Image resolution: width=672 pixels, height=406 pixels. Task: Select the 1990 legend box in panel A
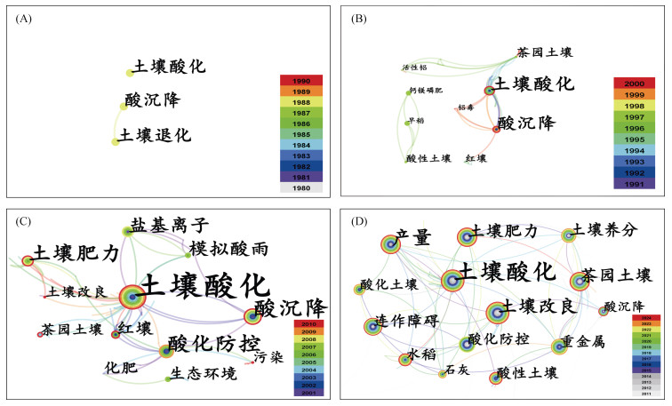click(x=301, y=81)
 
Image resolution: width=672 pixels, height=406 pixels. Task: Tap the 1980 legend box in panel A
click(x=301, y=187)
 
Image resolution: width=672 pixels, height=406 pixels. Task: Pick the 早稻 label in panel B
click(x=416, y=121)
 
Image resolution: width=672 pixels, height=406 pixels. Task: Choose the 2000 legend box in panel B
click(x=634, y=83)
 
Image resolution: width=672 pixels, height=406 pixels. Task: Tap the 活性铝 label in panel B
click(x=416, y=68)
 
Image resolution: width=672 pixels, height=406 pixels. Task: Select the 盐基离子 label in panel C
click(x=169, y=226)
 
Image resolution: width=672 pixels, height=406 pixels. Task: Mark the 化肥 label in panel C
click(x=121, y=366)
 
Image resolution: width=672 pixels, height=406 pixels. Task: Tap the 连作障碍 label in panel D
click(x=406, y=322)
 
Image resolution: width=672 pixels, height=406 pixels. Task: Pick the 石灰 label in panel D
click(x=457, y=369)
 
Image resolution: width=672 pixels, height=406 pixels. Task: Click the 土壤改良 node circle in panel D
click(x=496, y=312)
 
